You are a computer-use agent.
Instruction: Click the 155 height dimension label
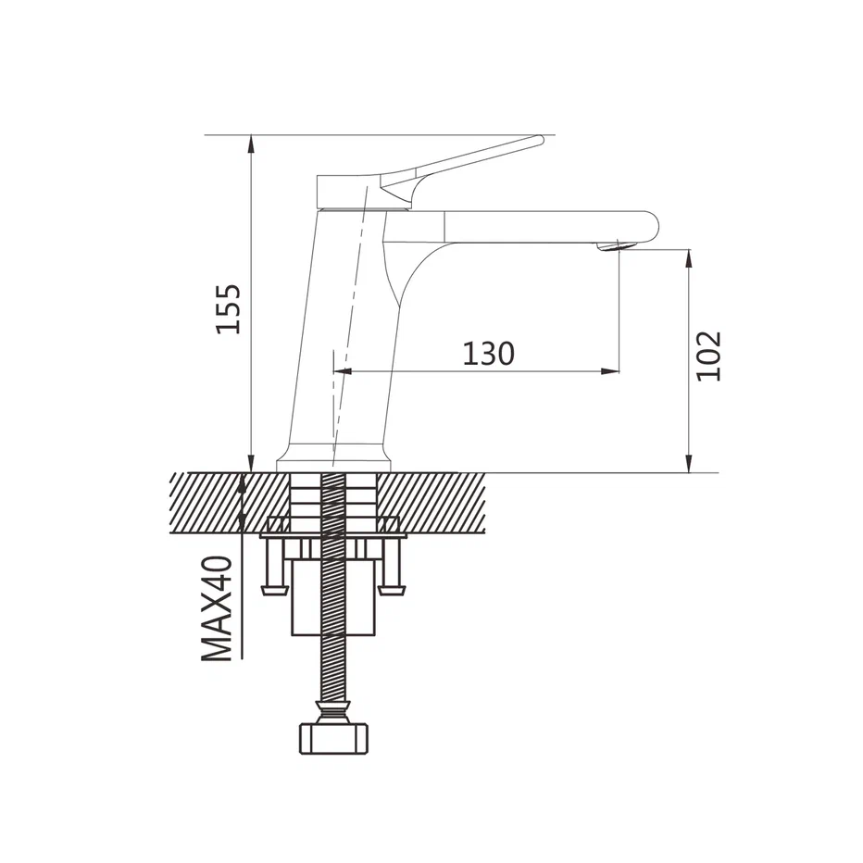[228, 308]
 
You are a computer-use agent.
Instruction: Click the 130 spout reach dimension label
[488, 354]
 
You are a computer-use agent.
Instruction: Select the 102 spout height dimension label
[707, 356]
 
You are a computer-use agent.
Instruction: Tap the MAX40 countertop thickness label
[218, 608]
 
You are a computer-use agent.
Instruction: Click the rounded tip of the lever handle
[538, 141]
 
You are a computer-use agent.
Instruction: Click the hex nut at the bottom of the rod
[333, 739]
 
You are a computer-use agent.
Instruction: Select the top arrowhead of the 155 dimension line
[251, 144]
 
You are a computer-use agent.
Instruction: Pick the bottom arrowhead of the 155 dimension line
[251, 463]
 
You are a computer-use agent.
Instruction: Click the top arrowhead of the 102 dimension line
[689, 258]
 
